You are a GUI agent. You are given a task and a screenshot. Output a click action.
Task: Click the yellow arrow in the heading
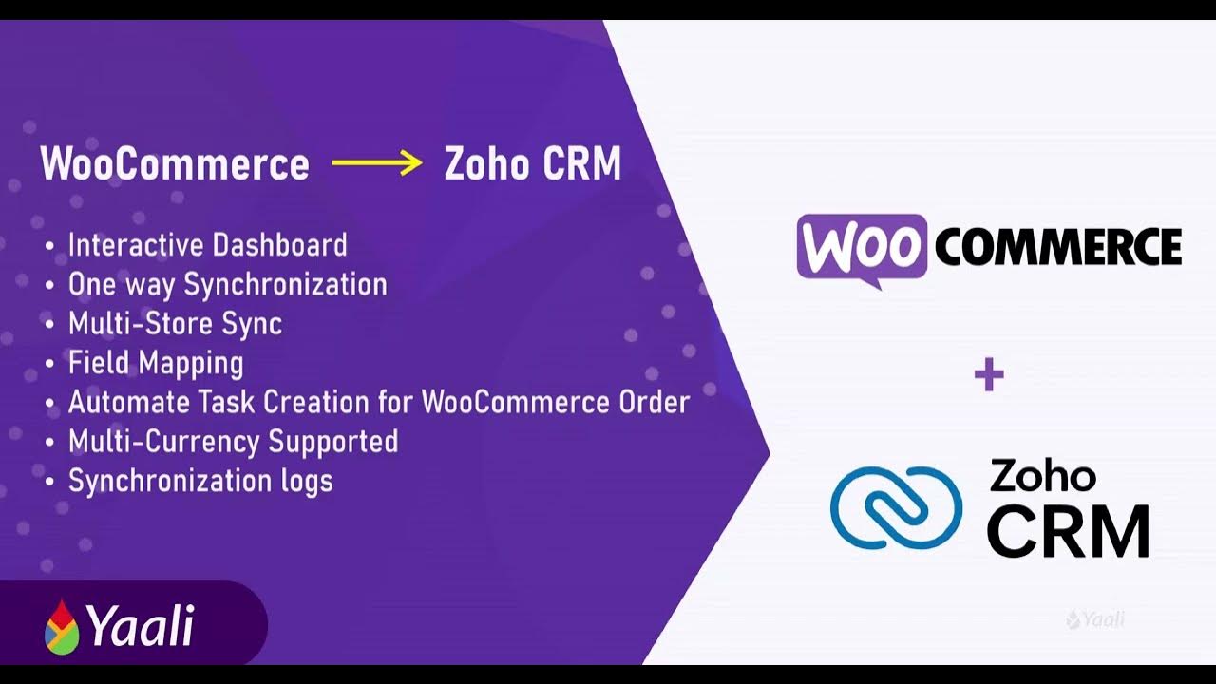click(x=377, y=163)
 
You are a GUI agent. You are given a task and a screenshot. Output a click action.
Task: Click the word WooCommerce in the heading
click(x=175, y=164)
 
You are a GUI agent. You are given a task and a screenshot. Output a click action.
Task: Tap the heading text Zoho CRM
click(x=532, y=164)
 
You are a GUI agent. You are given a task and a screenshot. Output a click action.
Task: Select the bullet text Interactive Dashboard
click(x=207, y=245)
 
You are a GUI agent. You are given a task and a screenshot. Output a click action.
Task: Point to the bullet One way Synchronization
click(x=227, y=284)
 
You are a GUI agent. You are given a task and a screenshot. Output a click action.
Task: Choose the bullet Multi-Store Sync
click(x=175, y=323)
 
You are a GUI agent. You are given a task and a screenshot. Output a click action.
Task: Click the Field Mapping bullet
click(x=156, y=362)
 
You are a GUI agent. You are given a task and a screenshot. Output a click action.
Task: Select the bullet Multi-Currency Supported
click(x=233, y=441)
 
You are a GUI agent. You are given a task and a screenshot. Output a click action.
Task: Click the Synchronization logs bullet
click(x=200, y=481)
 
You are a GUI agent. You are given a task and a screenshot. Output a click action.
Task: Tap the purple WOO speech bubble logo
click(x=861, y=248)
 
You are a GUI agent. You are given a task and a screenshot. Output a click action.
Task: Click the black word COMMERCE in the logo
click(x=1058, y=248)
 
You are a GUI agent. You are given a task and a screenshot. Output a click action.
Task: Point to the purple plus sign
click(x=989, y=375)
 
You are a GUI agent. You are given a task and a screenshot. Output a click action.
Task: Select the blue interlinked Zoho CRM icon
click(x=896, y=507)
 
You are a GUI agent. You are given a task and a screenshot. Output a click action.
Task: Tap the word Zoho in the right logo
click(x=1043, y=476)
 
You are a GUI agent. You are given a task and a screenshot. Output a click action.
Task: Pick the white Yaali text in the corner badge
click(x=141, y=626)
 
